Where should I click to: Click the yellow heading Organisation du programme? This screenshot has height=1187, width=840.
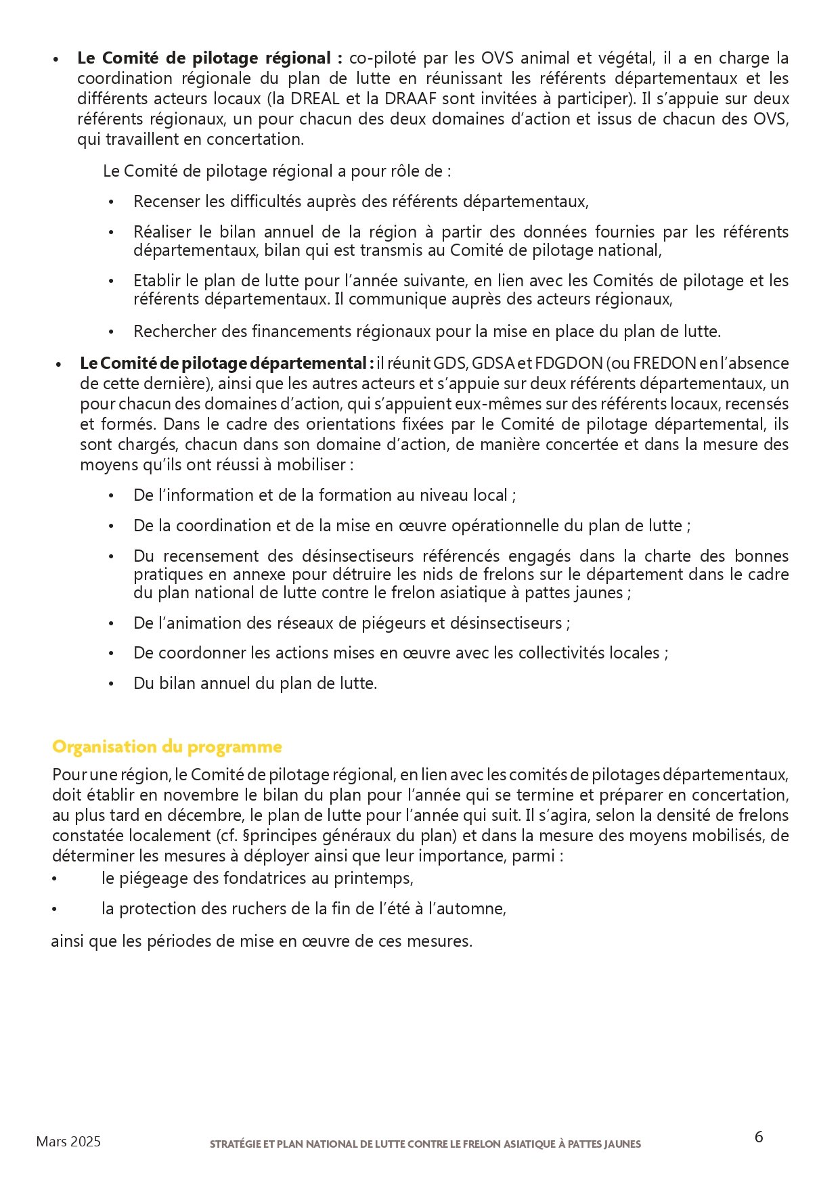[167, 747]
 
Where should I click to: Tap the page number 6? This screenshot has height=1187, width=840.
[759, 1137]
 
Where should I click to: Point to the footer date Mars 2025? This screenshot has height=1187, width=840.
[68, 1142]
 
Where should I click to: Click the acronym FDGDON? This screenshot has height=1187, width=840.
[569, 363]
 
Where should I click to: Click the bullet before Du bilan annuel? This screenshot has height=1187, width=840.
[112, 684]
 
